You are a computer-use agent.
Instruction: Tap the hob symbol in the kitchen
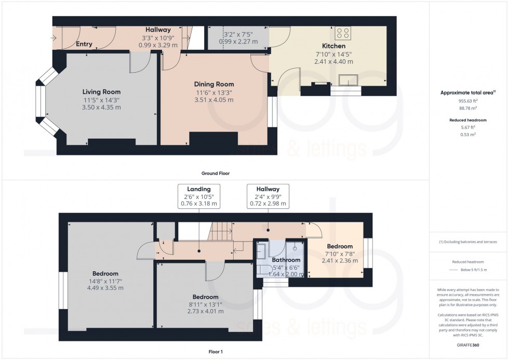point(343,33)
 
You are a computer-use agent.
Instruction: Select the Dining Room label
point(214,84)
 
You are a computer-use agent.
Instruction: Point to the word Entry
point(84,44)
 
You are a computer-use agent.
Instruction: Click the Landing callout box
point(200,196)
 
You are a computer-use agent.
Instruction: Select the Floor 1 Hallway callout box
point(267,196)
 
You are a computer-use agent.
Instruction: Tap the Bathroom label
point(286,260)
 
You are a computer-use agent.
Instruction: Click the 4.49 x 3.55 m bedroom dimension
point(105,288)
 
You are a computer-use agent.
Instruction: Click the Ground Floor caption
point(216,173)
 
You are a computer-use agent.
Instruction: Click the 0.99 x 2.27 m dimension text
point(238,41)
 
